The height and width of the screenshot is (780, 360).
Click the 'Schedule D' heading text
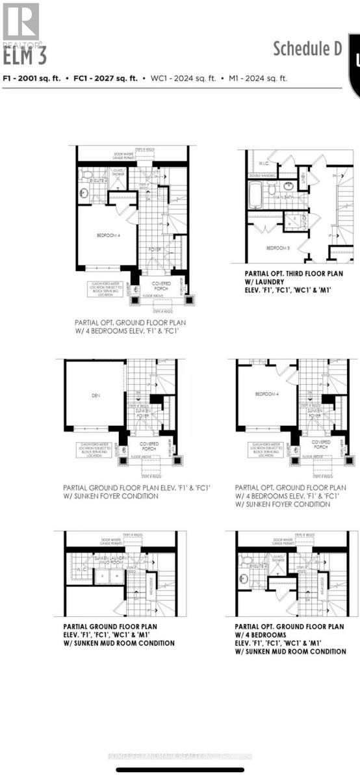(x=307, y=49)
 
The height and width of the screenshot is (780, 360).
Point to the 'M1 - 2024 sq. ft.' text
(x=257, y=78)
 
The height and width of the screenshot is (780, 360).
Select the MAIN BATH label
(x=284, y=196)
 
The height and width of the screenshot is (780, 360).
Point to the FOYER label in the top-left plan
(x=155, y=249)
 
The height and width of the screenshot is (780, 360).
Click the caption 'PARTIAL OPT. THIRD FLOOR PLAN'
(x=294, y=274)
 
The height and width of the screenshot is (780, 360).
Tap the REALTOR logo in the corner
(x=21, y=25)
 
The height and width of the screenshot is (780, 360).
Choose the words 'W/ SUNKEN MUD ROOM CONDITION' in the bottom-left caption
(x=119, y=643)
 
